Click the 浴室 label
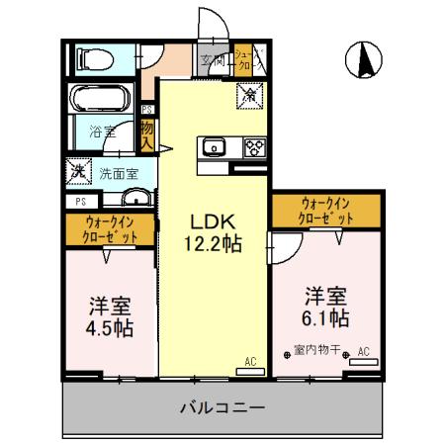click(102, 130)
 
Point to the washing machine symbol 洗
click(77, 171)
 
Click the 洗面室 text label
click(119, 172)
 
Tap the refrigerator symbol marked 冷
click(250, 96)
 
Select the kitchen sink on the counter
click(214, 148)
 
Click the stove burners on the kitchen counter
click(253, 148)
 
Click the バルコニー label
click(222, 407)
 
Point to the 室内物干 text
click(317, 350)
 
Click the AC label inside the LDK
click(249, 363)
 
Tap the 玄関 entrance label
click(212, 59)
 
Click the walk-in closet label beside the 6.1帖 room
click(326, 209)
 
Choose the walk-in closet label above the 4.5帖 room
click(111, 229)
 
